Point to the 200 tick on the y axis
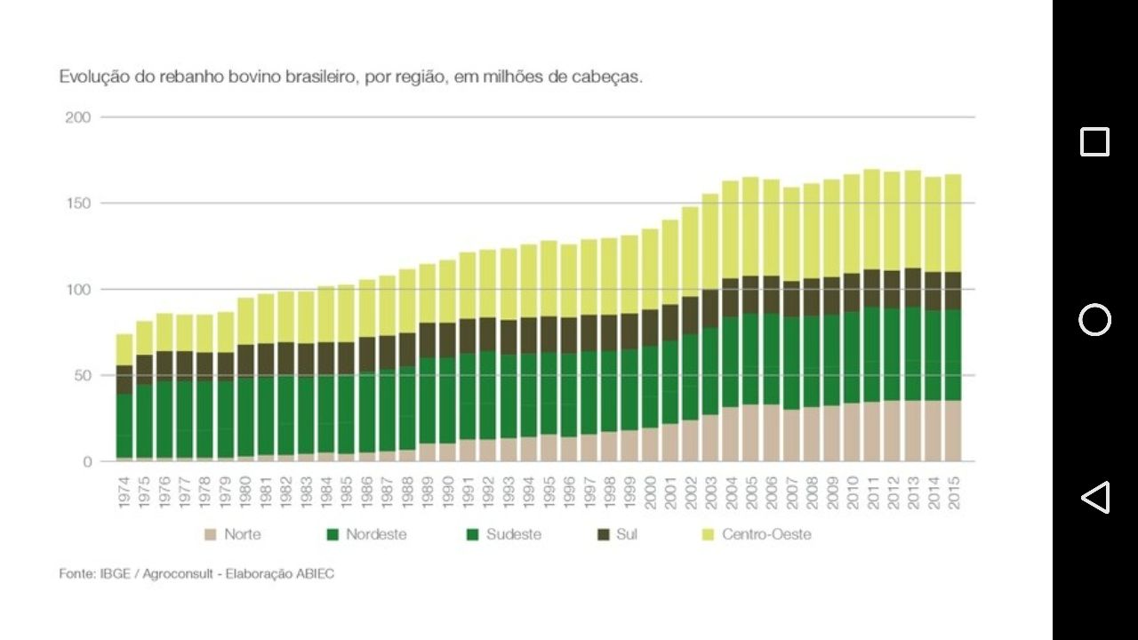click(x=78, y=117)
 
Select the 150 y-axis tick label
click(x=78, y=204)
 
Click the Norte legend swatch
click(x=211, y=535)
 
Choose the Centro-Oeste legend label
click(x=766, y=535)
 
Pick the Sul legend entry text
click(x=627, y=535)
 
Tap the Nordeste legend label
click(x=376, y=535)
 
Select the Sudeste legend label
click(x=514, y=535)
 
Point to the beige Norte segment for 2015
click(x=953, y=431)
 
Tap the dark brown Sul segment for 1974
click(x=124, y=380)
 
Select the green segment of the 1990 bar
click(x=447, y=400)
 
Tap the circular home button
click(x=1094, y=320)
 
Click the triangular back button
click(x=1094, y=498)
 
